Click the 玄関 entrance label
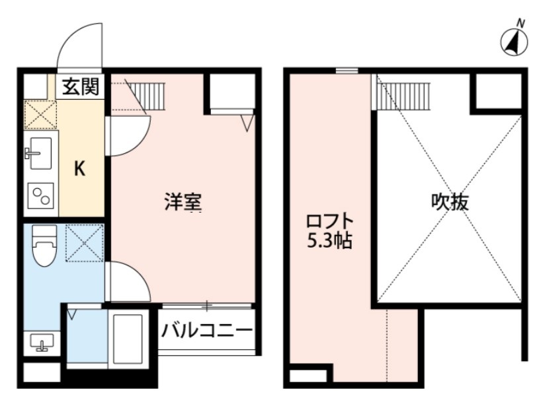click(x=81, y=86)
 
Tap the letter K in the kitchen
click(x=79, y=170)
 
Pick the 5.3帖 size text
click(x=329, y=242)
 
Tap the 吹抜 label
click(x=450, y=202)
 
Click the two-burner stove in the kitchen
click(x=41, y=196)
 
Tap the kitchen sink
click(x=40, y=154)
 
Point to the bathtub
click(x=127, y=338)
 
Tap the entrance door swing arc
click(x=79, y=46)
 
